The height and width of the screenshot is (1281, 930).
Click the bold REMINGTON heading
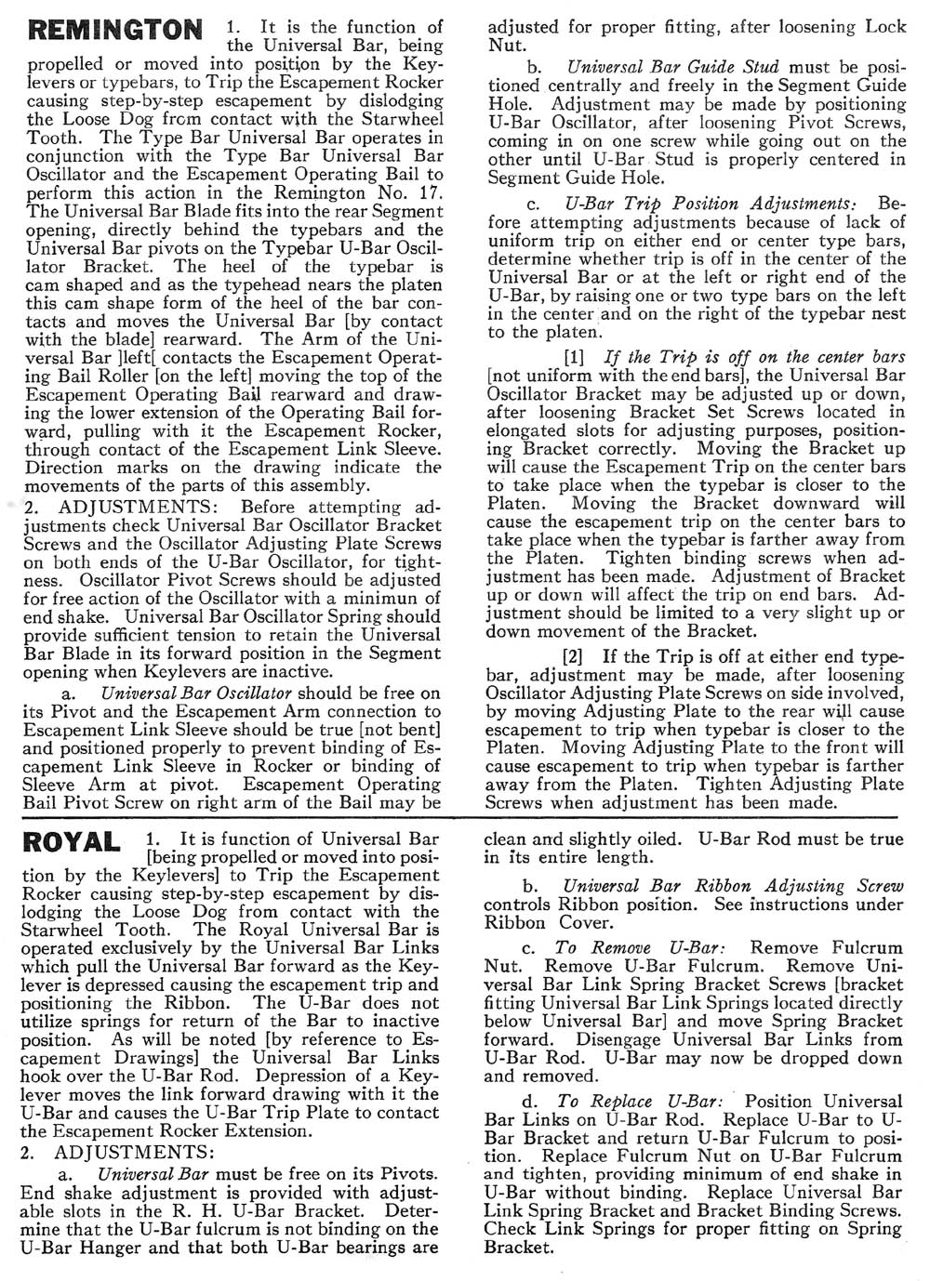pos(115,31)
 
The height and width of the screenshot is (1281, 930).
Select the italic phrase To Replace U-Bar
pos(640,1102)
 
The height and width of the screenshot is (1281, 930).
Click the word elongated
pos(525,430)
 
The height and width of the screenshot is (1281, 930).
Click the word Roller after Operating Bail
pos(102,376)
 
